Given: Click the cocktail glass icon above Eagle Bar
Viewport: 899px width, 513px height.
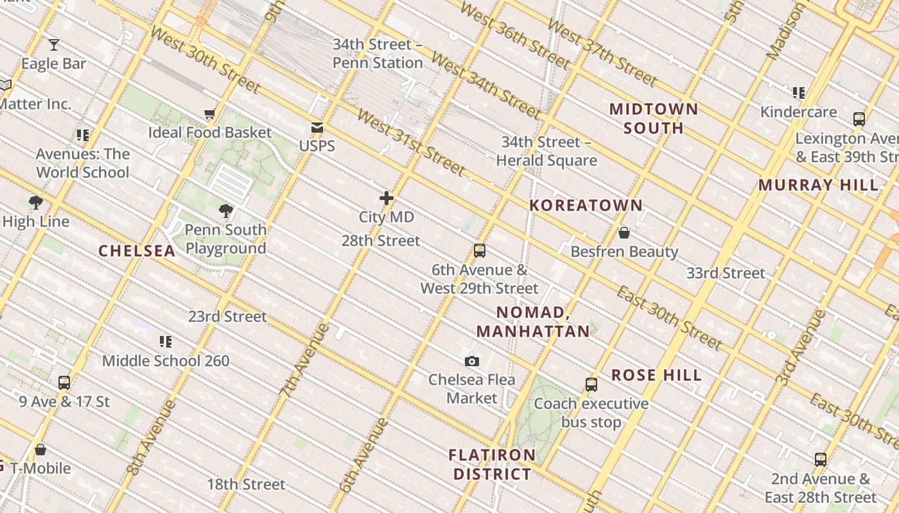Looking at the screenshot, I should [54, 45].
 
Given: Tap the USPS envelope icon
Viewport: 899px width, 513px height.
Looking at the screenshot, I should [317, 127].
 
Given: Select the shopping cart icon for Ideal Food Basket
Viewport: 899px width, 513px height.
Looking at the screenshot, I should [209, 114].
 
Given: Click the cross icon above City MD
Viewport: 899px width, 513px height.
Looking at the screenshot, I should [386, 198].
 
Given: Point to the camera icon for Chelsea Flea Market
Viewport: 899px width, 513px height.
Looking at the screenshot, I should [472, 362].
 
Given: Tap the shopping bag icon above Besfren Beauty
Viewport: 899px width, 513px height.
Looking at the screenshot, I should [624, 233].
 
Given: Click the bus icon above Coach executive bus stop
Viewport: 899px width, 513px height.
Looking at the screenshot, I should [591, 385].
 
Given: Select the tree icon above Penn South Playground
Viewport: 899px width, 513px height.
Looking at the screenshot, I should [225, 210].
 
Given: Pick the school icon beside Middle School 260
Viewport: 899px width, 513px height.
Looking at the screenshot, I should [166, 342].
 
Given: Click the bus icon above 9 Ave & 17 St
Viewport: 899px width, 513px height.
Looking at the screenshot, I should [64, 383].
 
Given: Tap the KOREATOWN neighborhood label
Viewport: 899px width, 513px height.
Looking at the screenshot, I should [586, 206].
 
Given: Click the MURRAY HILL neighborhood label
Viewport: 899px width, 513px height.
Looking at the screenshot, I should [818, 185].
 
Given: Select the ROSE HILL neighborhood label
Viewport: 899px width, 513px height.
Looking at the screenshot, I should [656, 375].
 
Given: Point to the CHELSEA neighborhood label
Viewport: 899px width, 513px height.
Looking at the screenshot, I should [137, 251].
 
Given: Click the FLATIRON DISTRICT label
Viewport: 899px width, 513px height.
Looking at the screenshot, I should [493, 464].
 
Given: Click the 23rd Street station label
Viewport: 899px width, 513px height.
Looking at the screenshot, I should [227, 317].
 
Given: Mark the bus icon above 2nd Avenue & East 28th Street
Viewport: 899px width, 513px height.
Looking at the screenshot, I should [821, 460].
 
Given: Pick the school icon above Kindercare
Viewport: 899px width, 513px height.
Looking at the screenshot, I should [799, 93].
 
